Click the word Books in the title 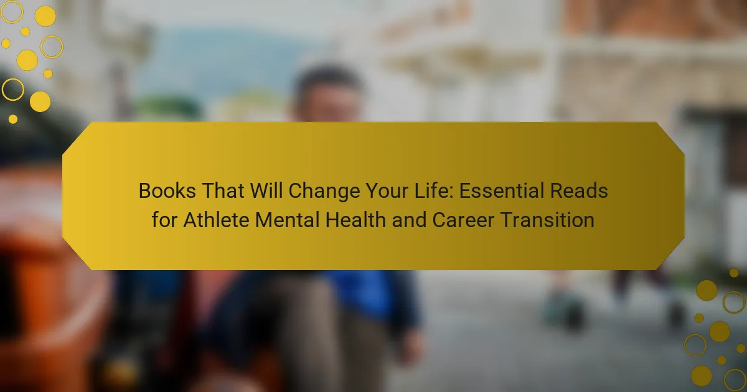coord(167,190)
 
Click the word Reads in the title coord(579,190)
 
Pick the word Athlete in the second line coord(216,220)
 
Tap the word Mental coord(287,220)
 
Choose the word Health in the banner coord(355,220)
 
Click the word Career coord(463,220)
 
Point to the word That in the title coord(223,190)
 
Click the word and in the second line coord(409,220)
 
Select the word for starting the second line coord(164,220)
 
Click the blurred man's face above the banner coord(327,100)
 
